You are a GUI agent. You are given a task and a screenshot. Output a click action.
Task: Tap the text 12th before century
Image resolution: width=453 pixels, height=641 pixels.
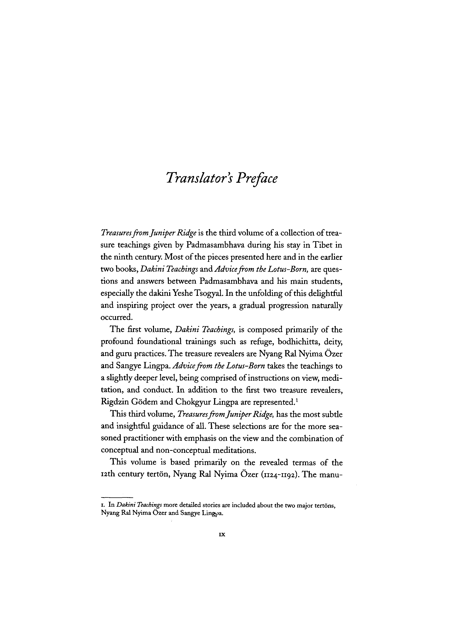[108, 475]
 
